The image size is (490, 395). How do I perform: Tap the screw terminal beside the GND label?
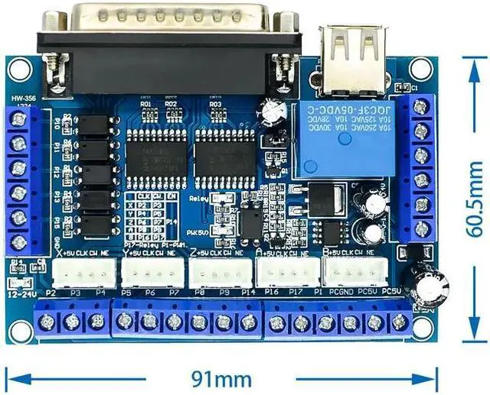[x=20, y=242]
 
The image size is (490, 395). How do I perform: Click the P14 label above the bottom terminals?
[x=247, y=292]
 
